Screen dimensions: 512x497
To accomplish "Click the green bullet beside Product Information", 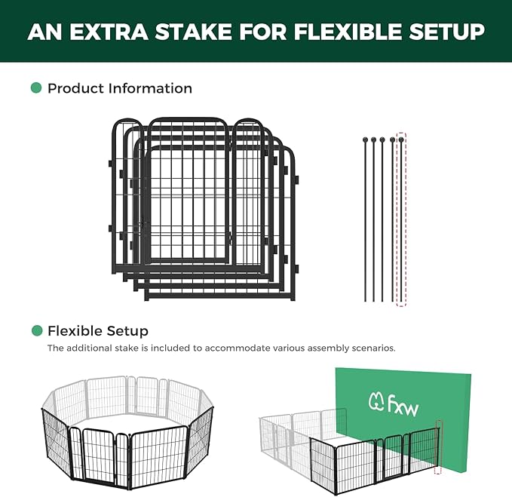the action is [36, 87].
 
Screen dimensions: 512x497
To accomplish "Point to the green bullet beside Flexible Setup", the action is [37, 330].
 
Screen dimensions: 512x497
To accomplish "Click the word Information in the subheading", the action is [150, 88].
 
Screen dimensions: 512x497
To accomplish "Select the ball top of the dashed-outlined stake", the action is [401, 140].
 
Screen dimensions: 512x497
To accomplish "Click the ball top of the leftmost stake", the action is [365, 140].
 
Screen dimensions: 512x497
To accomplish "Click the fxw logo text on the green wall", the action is [403, 406].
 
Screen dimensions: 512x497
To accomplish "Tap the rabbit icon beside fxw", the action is [376, 402].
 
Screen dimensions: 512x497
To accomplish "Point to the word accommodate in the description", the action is [236, 348].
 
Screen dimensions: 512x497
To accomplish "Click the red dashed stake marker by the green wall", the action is [439, 446].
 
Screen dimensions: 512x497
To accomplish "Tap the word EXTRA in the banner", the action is [109, 32].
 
